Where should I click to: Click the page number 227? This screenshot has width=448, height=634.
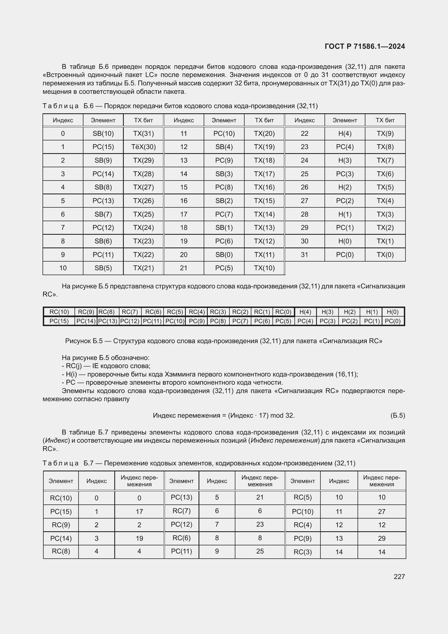click(x=399, y=577)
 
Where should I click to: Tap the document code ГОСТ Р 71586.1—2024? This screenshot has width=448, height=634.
click(x=365, y=46)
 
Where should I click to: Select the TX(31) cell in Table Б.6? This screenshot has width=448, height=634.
click(x=144, y=134)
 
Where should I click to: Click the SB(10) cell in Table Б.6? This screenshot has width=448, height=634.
click(x=103, y=134)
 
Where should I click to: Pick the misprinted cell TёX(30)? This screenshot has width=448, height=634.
click(x=144, y=147)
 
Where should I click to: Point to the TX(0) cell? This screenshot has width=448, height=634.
click(x=385, y=255)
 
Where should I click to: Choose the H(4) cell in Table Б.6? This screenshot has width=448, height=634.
click(x=345, y=134)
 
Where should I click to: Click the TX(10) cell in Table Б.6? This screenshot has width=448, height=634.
click(x=264, y=268)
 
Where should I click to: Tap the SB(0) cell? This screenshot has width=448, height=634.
click(x=224, y=255)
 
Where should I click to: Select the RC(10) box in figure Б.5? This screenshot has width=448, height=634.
click(x=59, y=312)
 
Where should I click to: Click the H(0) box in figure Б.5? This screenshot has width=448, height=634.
click(x=392, y=312)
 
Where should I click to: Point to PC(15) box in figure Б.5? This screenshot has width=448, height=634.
click(x=59, y=321)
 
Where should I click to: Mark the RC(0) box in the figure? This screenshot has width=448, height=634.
click(x=283, y=312)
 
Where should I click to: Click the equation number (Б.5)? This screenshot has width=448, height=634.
click(x=398, y=416)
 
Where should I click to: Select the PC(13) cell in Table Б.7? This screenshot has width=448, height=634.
click(x=181, y=497)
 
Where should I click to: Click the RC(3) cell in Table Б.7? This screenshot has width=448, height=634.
click(x=303, y=552)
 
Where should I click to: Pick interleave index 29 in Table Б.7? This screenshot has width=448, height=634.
click(x=382, y=539)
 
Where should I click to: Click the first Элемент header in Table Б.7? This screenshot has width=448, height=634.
click(x=61, y=481)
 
